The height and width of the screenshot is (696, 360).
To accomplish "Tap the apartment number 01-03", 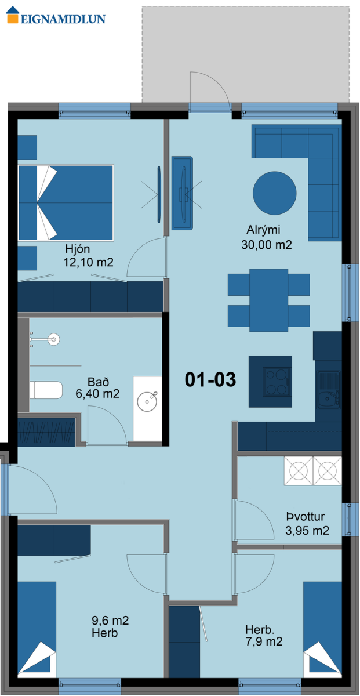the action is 210,379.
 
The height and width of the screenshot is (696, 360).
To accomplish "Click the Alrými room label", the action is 263,230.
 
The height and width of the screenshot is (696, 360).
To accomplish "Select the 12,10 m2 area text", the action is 88,262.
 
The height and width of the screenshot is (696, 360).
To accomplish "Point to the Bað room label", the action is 98,382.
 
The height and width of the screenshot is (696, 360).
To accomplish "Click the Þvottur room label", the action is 306,516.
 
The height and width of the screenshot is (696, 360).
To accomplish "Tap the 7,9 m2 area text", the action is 264,641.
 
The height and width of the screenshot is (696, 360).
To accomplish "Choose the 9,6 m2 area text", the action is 110,621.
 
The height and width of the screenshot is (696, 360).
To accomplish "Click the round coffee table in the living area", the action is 274,193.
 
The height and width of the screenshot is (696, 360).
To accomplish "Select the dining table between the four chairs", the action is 268,300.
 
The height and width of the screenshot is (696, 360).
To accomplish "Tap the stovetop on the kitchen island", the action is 277,382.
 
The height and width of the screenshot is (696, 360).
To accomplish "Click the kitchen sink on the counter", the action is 328,390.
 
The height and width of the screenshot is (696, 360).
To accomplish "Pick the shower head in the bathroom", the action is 54,340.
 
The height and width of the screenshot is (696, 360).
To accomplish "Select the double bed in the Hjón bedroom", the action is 66,202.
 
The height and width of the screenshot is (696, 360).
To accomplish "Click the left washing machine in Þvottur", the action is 298,471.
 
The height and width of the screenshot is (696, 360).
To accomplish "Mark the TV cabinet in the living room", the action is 183,193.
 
